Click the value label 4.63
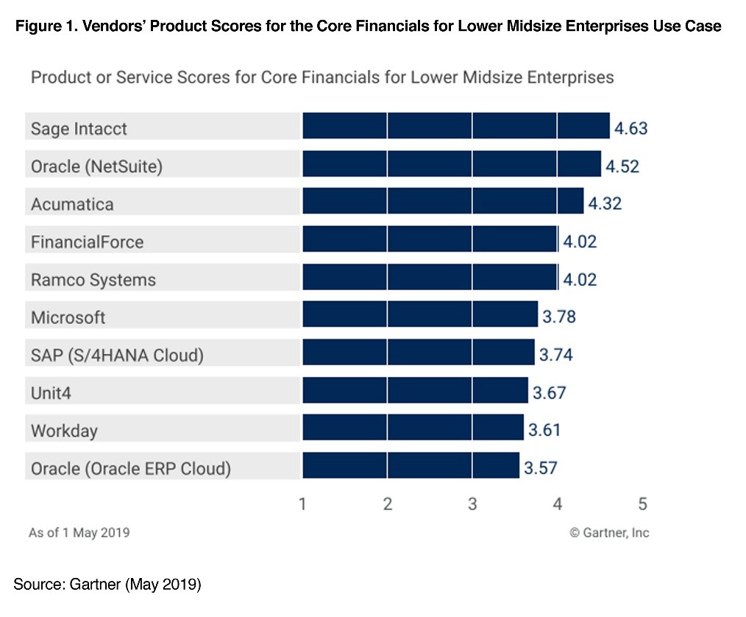tap(630, 129)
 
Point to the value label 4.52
tap(622, 166)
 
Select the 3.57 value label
tap(540, 468)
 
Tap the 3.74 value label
tap(555, 355)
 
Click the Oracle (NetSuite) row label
tap(96, 166)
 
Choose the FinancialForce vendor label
tap(87, 241)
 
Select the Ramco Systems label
tap(93, 280)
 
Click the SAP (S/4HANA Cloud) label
tap(116, 356)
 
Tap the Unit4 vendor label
tap(51, 393)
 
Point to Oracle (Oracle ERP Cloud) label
tap(130, 468)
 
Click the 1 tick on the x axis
tap(302, 504)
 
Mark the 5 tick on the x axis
tap(642, 504)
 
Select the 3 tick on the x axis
tap(472, 504)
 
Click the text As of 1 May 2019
tap(79, 532)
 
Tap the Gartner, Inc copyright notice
tap(609, 532)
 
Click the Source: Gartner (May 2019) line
tap(107, 585)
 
